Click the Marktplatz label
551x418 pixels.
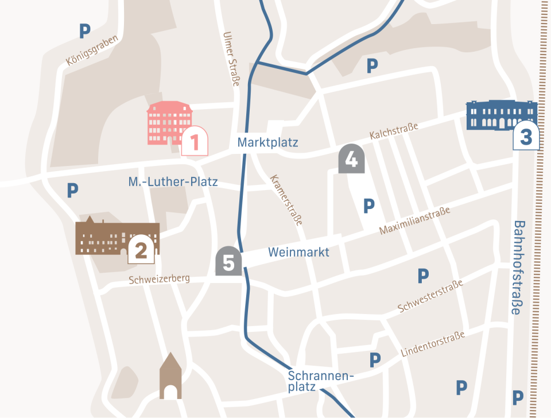[268, 142]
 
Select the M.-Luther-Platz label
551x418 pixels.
[173, 183]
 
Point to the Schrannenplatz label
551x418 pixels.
[319, 381]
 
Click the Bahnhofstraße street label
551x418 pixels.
[518, 268]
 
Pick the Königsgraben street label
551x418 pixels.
[92, 51]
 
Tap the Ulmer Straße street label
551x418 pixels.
[231, 59]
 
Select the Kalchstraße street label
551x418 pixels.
[394, 131]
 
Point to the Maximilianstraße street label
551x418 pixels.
[414, 221]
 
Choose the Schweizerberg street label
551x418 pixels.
[159, 280]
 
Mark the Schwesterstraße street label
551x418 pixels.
[430, 296]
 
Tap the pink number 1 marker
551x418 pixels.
[194, 141]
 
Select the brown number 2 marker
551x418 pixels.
[141, 249]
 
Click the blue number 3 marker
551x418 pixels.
[526, 136]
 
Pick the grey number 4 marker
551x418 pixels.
[351, 159]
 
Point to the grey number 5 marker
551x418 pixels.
[228, 262]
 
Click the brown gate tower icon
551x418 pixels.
[170, 377]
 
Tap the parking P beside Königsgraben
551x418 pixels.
[85, 32]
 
